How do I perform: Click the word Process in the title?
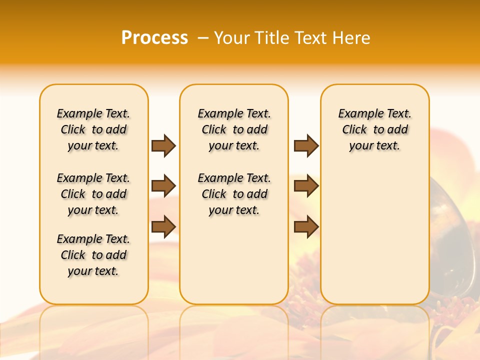pyautogui.click(x=154, y=38)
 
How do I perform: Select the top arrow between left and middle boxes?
pyautogui.click(x=163, y=145)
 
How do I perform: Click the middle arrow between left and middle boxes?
pyautogui.click(x=163, y=186)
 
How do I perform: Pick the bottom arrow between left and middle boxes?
pyautogui.click(x=163, y=226)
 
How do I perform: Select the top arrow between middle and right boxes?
pyautogui.click(x=306, y=145)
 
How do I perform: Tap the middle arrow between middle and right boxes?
pyautogui.click(x=306, y=186)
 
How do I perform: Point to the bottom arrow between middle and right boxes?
pyautogui.click(x=306, y=226)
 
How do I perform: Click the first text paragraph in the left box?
pyautogui.click(x=93, y=129)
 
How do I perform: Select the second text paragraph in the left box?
pyautogui.click(x=93, y=194)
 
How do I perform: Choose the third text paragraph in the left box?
pyautogui.click(x=93, y=255)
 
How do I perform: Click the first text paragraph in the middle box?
pyautogui.click(x=234, y=129)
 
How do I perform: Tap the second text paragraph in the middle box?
pyautogui.click(x=234, y=194)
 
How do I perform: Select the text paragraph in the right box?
pyautogui.click(x=375, y=129)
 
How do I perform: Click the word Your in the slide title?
pyautogui.click(x=231, y=38)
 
